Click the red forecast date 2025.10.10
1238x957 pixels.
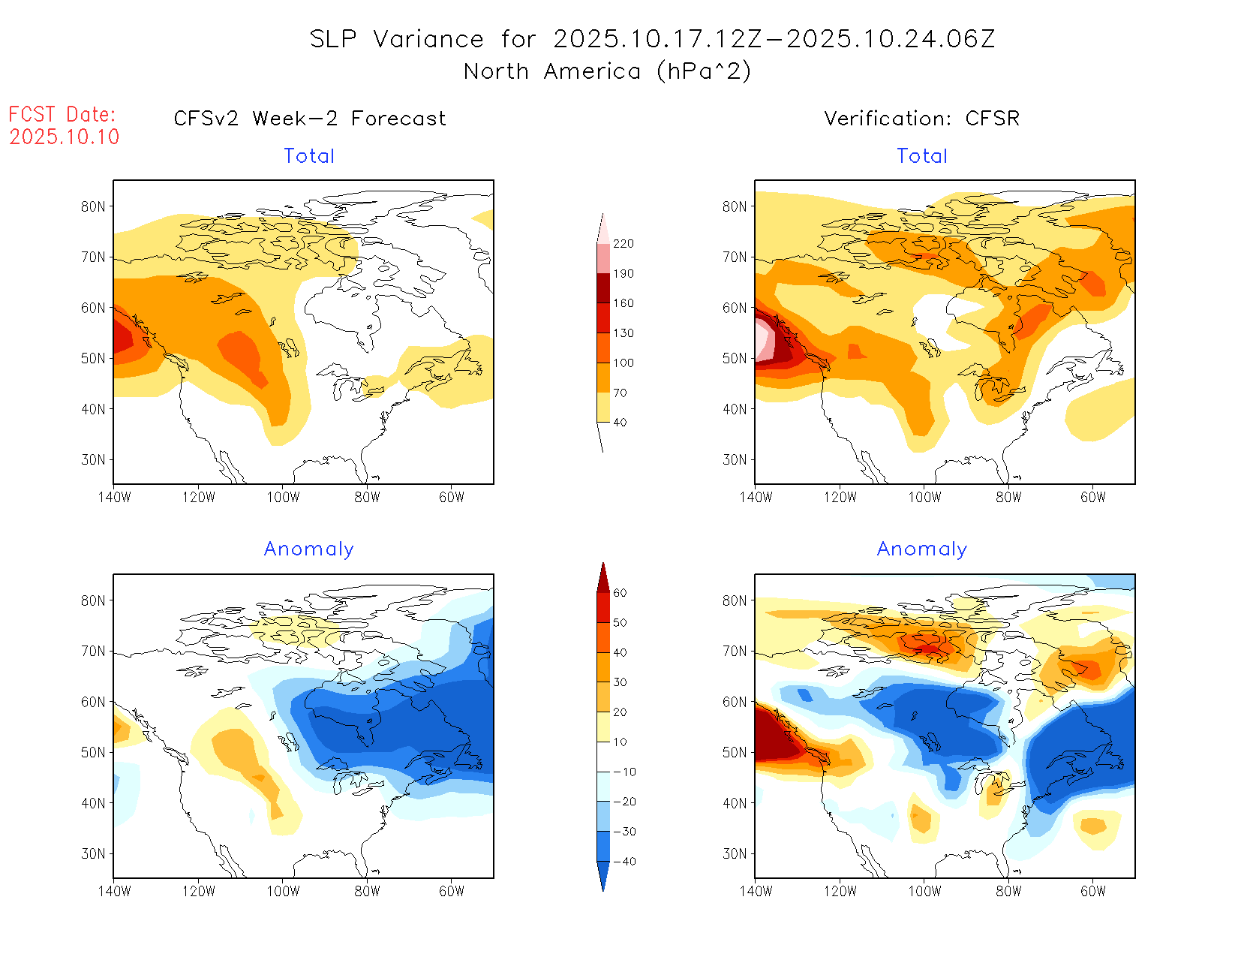(65, 137)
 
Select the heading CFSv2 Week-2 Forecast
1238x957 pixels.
(310, 119)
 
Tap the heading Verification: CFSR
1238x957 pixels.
(922, 119)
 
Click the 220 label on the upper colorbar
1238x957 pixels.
(624, 244)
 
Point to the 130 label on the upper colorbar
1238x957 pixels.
(624, 333)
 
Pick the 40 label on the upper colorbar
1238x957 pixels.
(620, 423)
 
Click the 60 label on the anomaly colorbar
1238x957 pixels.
(620, 593)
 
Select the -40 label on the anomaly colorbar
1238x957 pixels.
(624, 862)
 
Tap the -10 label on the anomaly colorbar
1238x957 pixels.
(624, 772)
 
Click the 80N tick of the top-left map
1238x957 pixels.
(93, 206)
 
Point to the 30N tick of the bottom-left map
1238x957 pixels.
(93, 853)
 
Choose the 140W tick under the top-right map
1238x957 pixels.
(756, 497)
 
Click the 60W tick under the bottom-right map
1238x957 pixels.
(1093, 891)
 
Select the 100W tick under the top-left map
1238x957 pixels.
(283, 497)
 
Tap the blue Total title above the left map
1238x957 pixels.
(309, 156)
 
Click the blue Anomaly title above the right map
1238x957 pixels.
(922, 549)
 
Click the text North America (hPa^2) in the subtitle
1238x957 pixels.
(607, 71)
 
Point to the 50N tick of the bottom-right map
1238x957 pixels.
(735, 752)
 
